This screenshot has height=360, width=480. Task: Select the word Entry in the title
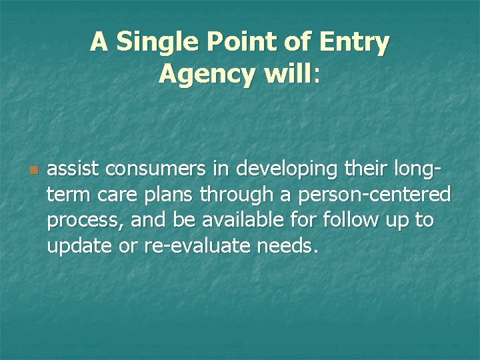click(357, 42)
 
